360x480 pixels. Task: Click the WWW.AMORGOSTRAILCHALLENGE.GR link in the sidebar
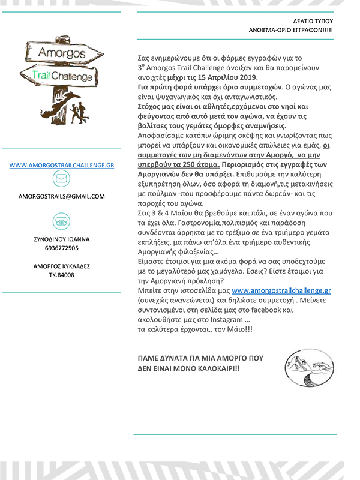click(62, 164)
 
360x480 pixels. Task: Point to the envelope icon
click(61, 179)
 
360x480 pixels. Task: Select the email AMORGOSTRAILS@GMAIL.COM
click(62, 196)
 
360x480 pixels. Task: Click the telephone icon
click(61, 221)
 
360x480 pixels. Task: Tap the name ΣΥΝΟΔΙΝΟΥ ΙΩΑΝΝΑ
click(61, 238)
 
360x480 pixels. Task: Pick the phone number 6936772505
click(61, 247)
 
